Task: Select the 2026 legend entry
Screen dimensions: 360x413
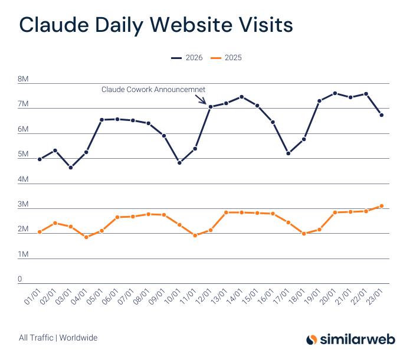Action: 187,58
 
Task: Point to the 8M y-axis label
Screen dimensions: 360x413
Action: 24,79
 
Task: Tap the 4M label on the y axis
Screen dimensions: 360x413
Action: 24,179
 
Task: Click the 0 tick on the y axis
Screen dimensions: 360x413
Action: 20,279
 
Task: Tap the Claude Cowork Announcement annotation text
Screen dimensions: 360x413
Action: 153,90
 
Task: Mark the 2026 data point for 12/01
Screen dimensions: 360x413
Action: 211,107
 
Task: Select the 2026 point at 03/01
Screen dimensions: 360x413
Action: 71,168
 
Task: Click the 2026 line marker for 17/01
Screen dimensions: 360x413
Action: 289,153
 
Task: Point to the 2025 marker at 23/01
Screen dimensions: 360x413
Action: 382,206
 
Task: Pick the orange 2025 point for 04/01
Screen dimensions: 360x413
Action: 86,237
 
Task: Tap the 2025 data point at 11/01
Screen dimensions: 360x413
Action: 195,235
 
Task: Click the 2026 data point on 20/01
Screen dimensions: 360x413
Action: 335,93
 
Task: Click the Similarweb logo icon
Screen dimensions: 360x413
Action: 312,339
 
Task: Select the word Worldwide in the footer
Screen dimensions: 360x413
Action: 78,338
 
